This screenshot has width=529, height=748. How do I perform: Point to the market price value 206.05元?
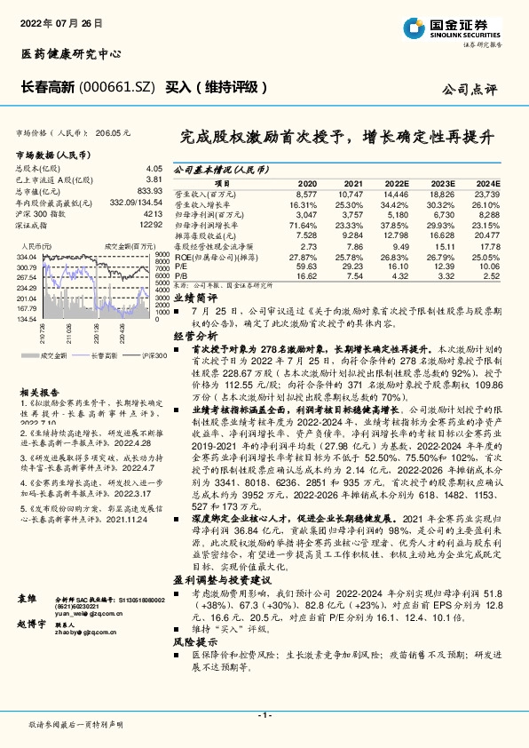114,131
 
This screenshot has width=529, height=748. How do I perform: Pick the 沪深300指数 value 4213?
153,214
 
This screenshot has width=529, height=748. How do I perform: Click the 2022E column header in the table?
396,181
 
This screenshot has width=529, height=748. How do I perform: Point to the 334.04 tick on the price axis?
27,257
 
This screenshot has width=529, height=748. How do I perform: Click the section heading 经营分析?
194,338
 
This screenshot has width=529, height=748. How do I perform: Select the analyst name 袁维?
27,601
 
